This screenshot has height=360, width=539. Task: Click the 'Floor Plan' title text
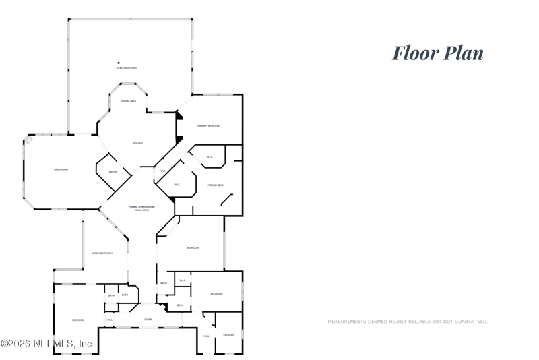(438, 53)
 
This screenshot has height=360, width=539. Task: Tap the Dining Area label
(129, 101)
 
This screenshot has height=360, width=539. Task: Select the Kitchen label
(137, 143)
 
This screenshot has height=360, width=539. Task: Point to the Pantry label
(114, 172)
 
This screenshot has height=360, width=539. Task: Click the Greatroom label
(61, 169)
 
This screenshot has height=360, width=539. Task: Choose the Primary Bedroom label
(208, 126)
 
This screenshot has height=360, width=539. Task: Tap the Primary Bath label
(216, 185)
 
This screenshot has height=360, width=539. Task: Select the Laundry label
(229, 335)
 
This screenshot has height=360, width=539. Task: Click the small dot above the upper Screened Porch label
(119, 63)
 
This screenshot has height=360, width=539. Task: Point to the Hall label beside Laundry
(206, 336)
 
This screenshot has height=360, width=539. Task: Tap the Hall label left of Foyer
(109, 320)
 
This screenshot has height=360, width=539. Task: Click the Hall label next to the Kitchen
(162, 171)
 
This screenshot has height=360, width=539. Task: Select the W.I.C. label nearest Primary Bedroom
(210, 158)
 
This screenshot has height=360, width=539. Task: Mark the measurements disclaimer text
(408, 322)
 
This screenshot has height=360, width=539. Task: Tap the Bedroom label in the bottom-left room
(78, 320)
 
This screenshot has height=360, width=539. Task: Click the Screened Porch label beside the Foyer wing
(102, 253)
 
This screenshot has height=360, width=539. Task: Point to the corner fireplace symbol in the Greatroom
(28, 140)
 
